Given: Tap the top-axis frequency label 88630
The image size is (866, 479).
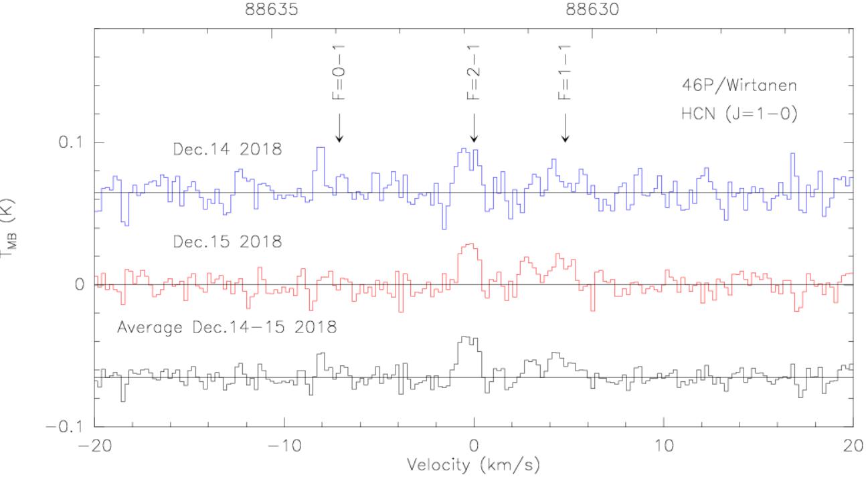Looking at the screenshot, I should pos(593,10).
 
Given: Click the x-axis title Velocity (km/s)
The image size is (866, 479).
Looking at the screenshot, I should pos(474,464).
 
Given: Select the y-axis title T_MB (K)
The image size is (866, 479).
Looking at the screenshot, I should pos(9,227).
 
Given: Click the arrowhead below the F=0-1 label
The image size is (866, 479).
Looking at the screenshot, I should pos(340,138).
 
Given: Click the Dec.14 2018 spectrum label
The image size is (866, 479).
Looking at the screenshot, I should pos(228,150).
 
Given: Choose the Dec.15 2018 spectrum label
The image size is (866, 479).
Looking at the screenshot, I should pos(228,242).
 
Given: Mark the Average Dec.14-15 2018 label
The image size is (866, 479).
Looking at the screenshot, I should pos(226,328).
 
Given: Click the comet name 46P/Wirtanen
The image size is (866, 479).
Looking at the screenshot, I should pos(735,87).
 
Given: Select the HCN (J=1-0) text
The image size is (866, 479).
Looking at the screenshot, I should pos(735,113).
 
